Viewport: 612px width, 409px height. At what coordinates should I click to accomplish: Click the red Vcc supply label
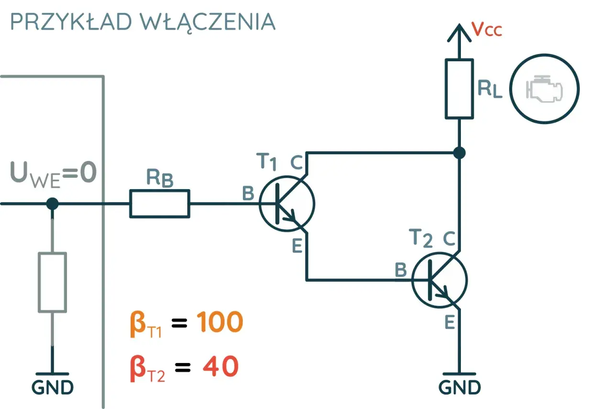tap(487, 29)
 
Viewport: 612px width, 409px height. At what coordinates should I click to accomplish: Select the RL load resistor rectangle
tap(459, 89)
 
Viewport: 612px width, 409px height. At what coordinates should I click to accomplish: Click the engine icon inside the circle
tap(544, 89)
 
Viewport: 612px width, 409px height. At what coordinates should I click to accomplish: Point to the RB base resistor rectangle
tap(160, 204)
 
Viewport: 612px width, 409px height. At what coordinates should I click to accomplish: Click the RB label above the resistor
tap(160, 178)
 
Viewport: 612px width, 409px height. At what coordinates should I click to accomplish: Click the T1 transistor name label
tap(266, 161)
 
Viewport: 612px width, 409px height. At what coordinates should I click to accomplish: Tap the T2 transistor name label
tap(420, 238)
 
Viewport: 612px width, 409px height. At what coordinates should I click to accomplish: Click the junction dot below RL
tap(459, 153)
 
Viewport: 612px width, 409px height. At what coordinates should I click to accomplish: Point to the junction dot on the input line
tap(52, 204)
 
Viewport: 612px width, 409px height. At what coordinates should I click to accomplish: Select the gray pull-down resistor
tap(52, 282)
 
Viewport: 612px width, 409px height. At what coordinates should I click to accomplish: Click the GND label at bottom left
tap(53, 387)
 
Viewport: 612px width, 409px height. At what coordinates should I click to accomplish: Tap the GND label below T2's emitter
tap(459, 387)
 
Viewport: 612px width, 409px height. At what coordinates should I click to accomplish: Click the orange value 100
tap(219, 322)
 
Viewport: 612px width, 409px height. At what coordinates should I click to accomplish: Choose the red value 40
tap(221, 366)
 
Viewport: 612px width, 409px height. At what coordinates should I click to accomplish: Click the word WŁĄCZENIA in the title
tap(208, 23)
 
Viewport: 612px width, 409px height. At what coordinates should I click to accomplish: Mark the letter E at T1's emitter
tap(297, 246)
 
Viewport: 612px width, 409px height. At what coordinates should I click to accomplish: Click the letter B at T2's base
tap(401, 270)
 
